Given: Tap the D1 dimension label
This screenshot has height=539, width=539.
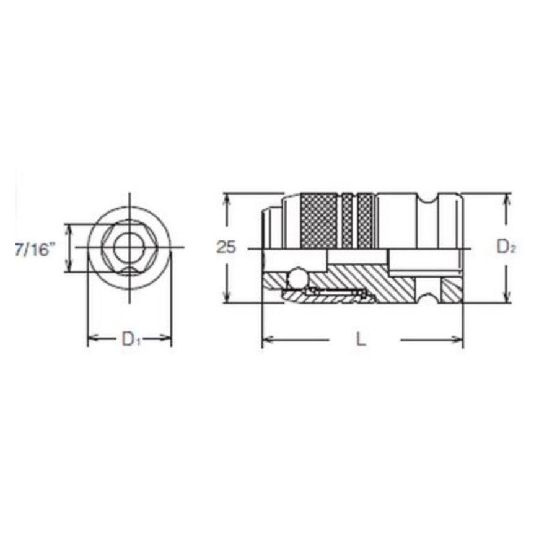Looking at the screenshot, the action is coord(131,340).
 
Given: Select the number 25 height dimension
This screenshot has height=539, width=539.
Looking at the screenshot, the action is coord(226,247).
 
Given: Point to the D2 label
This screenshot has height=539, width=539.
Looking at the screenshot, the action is coord(506,247).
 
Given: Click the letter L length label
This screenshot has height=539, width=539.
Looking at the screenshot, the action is coord(360,340).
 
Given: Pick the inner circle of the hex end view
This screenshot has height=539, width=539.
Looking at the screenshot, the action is coord(129,247).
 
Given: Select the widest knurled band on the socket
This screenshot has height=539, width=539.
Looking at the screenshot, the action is coord(319,221).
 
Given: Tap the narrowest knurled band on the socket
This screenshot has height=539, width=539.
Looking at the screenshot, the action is coord(347,221).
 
